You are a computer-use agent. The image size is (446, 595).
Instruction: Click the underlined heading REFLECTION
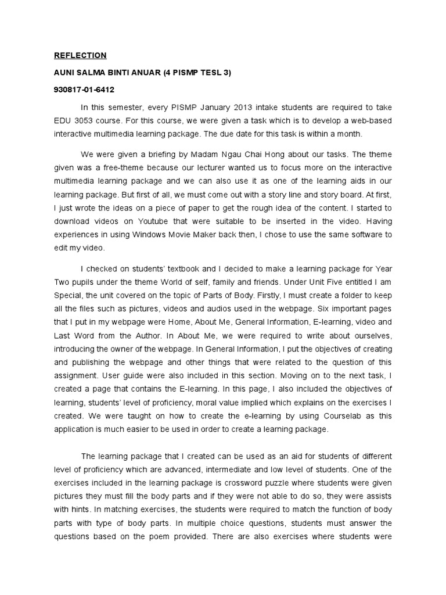pyautogui.click(x=80, y=56)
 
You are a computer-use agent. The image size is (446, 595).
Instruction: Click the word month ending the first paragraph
pyautogui.click(x=350, y=134)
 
